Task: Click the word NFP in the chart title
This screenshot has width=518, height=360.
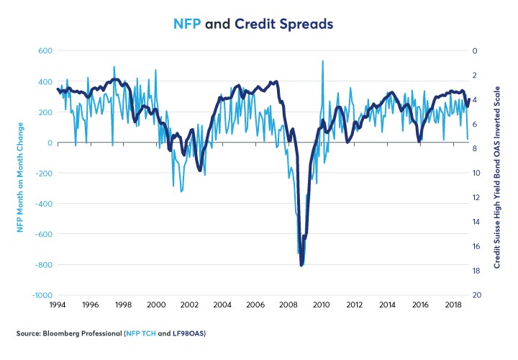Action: [x=189, y=24]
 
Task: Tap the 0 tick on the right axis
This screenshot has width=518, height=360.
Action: [x=473, y=51]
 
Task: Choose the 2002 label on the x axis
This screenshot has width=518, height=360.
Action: [x=189, y=305]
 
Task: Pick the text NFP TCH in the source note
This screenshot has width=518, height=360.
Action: [x=159, y=334]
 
